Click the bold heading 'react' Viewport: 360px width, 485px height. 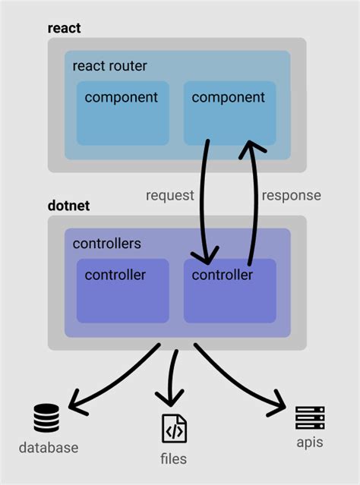(x=64, y=29)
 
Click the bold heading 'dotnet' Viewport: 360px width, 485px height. (x=69, y=206)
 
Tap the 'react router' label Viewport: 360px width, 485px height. (x=109, y=66)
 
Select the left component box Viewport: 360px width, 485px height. (x=122, y=113)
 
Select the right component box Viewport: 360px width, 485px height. (x=229, y=113)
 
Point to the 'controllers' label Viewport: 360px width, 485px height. (x=106, y=244)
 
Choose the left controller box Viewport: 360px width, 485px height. (x=122, y=291)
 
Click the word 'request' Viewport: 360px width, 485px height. (x=169, y=195)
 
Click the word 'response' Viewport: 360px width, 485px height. (x=291, y=195)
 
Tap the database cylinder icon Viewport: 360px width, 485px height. (x=46, y=418)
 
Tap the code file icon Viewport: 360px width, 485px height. (x=174, y=429)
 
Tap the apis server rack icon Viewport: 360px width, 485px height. (x=310, y=417)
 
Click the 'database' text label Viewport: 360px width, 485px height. (x=48, y=447)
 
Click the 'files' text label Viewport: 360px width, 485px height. (x=174, y=458)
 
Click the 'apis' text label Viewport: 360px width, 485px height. (x=310, y=442)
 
